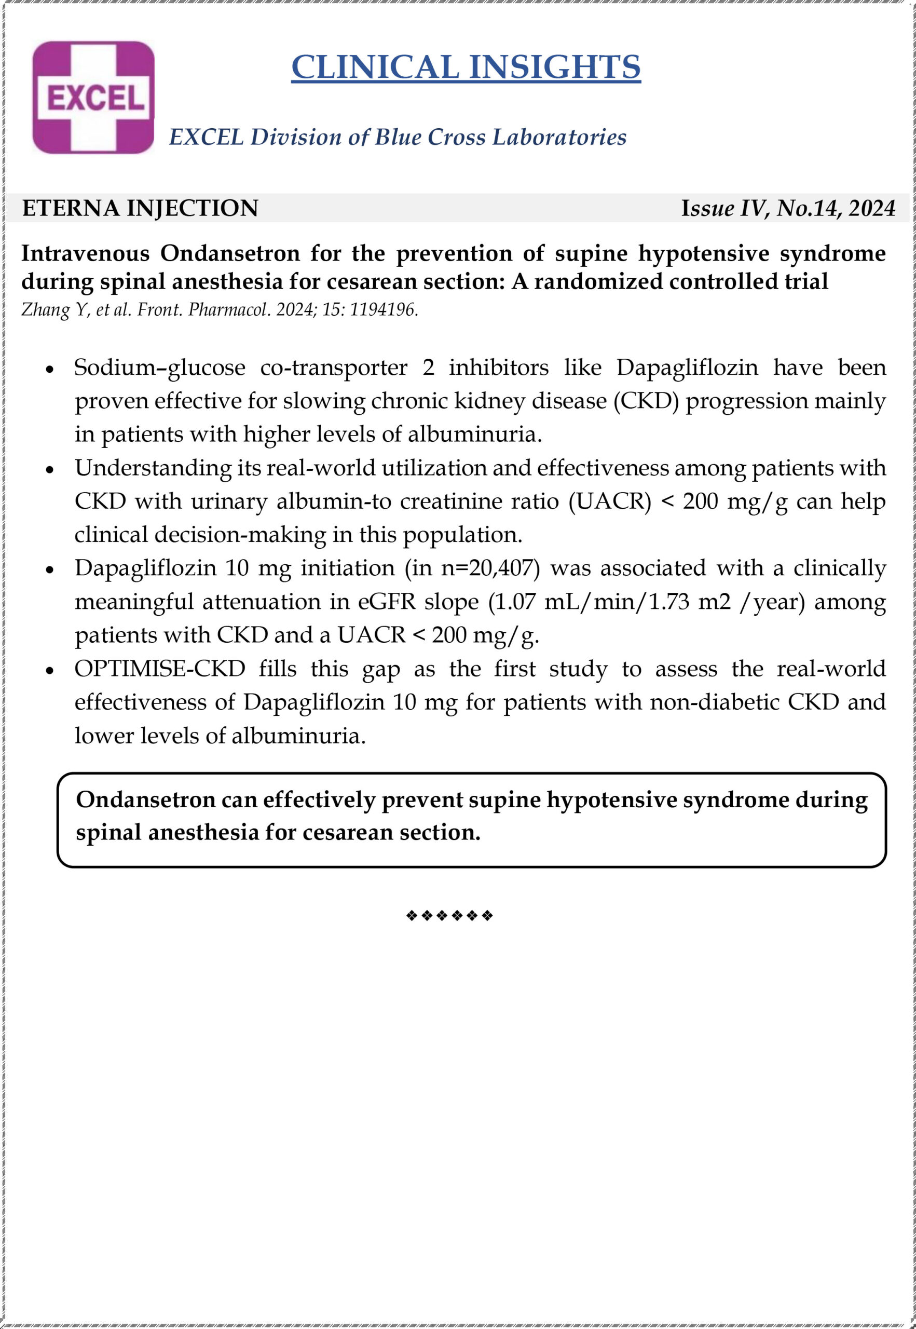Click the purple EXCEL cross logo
point(93,97)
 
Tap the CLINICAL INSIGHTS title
point(466,66)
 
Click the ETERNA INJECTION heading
point(140,208)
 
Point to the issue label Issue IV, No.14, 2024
point(787,208)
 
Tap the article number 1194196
point(384,309)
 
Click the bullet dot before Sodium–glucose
point(50,369)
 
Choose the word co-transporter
point(334,368)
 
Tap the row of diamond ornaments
point(449,915)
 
